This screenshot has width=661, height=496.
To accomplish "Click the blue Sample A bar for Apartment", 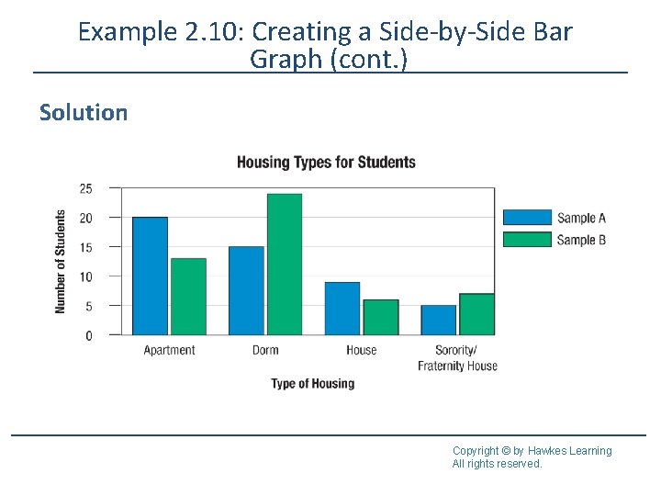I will coord(151,276).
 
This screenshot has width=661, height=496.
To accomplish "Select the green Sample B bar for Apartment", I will coord(188,296).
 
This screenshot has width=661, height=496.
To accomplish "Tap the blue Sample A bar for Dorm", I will coord(246,290).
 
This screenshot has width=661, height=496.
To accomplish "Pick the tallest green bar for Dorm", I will coord(285,265).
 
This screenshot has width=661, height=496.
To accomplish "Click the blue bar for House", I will coord(342,308).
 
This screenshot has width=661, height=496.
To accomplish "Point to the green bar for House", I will coord(381,317).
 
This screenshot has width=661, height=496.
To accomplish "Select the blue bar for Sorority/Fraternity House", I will coord(439,320).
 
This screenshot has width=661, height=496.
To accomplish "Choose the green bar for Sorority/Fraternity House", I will coord(476,314).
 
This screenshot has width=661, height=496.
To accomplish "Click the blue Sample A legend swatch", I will coord(528,218).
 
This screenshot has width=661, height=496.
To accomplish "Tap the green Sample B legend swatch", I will coord(528,240).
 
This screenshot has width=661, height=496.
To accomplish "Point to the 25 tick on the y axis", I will coord(86,188).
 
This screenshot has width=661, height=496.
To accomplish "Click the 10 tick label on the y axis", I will coord(86,276).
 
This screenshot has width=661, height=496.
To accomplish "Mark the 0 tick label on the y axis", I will coord(89,335).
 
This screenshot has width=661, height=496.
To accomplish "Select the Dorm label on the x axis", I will coord(265,350).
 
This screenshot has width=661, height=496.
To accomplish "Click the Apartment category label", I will coord(170,350).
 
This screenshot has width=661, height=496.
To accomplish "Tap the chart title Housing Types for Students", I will coord(326,163).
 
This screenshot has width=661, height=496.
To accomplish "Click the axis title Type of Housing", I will coord(312,383).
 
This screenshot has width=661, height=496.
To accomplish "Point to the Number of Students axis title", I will coord(61,262).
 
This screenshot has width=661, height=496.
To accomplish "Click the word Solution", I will coord(84,113).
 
